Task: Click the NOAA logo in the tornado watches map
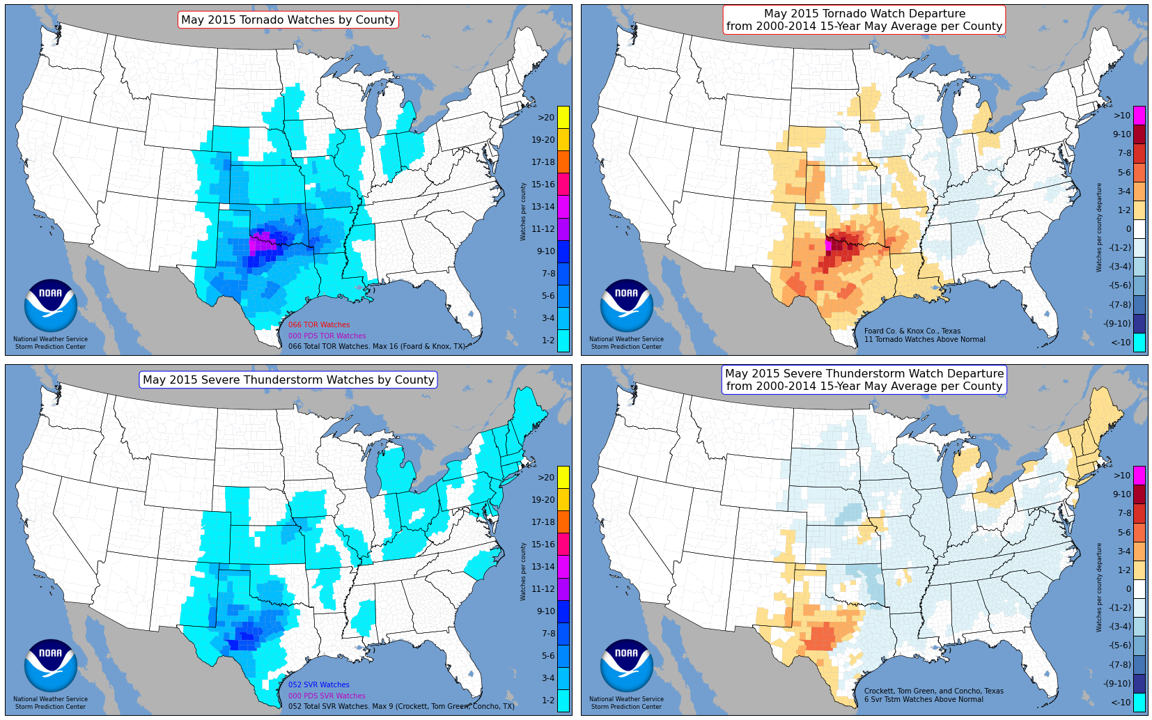coord(50,306)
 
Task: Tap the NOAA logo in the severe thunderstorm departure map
coord(626,666)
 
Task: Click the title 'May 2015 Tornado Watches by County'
coord(288,20)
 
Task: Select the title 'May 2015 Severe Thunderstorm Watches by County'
coord(288,380)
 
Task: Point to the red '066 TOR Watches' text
coord(319,325)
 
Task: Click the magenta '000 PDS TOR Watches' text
coord(327,336)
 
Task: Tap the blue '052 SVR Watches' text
coord(319,685)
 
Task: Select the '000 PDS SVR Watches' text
coord(327,696)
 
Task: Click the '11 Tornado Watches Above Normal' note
coord(924,340)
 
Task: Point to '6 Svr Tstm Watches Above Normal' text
coord(924,700)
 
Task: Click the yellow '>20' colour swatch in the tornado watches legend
coord(563,117)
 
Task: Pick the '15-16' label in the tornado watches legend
coord(543,185)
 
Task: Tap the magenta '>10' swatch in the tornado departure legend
coord(1139,115)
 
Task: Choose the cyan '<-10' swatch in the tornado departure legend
coord(1139,342)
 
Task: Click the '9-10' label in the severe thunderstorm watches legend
coord(545,611)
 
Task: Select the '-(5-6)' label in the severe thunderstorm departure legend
coord(1120,645)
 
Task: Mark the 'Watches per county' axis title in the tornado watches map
coord(523,212)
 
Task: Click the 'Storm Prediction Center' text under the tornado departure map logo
coord(626,347)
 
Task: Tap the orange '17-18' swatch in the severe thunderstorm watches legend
coord(563,522)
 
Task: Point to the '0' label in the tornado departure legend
coord(1128,229)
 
